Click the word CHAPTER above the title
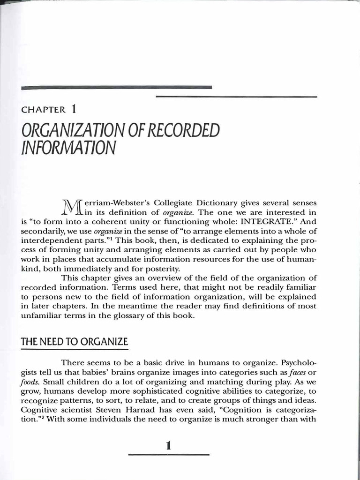(x=43, y=110)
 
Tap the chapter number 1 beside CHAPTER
(x=74, y=109)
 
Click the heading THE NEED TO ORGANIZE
(x=74, y=342)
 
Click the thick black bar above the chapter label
(x=117, y=87)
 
